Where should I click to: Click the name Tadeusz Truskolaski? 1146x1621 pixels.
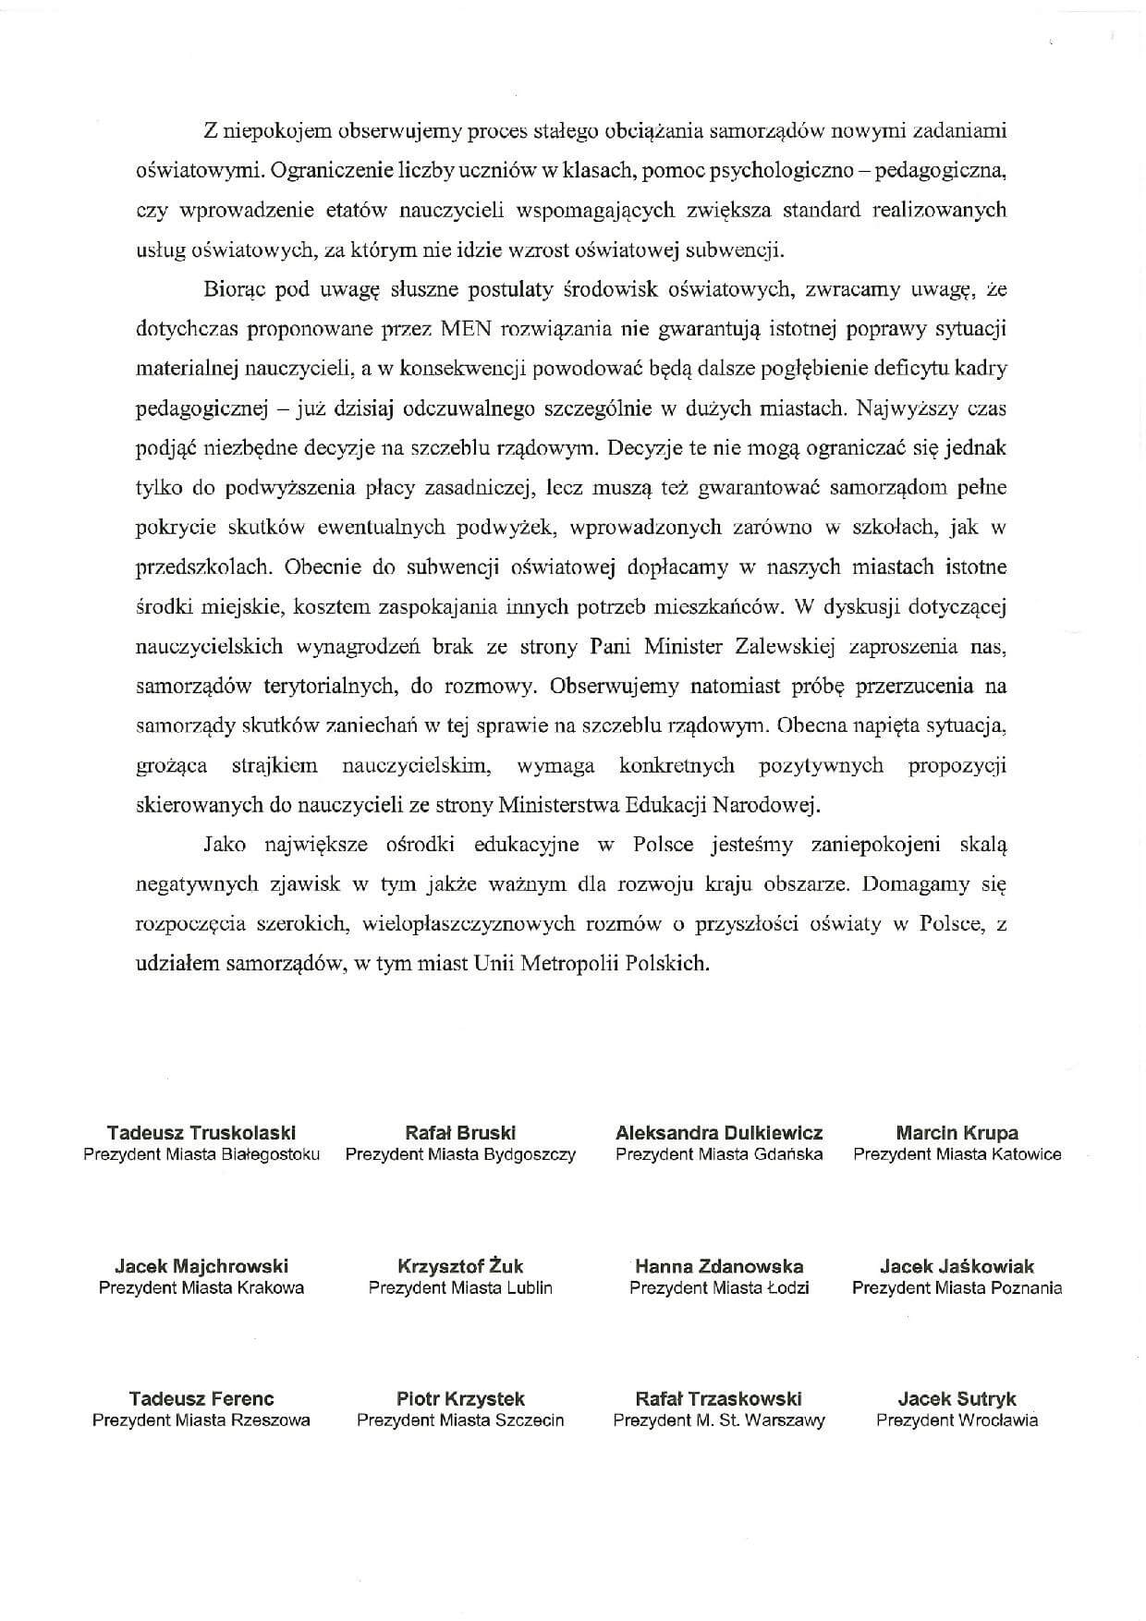(201, 1133)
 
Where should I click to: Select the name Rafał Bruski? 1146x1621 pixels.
(460, 1133)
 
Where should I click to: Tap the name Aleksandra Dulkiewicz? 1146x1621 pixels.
(719, 1133)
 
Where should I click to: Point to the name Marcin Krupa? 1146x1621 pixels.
(957, 1133)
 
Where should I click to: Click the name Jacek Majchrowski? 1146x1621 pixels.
(201, 1266)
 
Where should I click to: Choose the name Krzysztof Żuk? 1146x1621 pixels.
(460, 1266)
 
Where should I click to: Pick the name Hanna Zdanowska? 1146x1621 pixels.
(719, 1266)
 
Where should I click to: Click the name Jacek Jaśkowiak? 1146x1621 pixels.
(957, 1266)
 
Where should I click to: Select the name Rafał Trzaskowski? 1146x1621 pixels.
(719, 1398)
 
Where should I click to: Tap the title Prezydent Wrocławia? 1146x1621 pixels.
(957, 1420)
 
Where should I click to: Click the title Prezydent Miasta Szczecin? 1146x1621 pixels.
(460, 1420)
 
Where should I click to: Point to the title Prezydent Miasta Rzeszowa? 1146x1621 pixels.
(201, 1420)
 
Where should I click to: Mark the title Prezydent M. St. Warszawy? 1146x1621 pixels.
(719, 1420)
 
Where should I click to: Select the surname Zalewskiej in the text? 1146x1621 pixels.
(784, 647)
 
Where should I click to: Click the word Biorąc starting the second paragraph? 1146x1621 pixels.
(234, 288)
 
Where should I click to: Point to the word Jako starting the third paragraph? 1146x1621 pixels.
(223, 845)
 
